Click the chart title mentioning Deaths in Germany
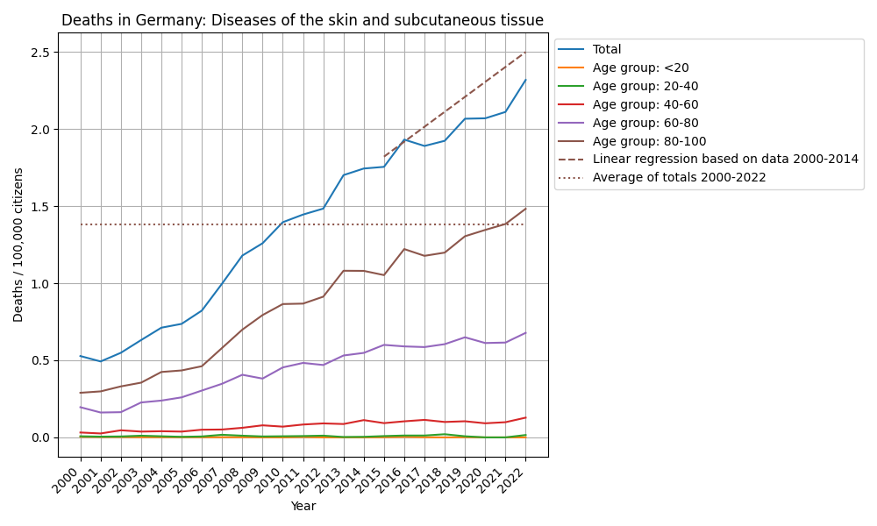click(303, 20)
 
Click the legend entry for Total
click(607, 50)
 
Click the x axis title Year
click(303, 506)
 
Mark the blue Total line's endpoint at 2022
click(525, 80)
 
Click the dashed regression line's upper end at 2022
click(525, 52)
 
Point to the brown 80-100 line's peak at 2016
click(404, 249)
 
